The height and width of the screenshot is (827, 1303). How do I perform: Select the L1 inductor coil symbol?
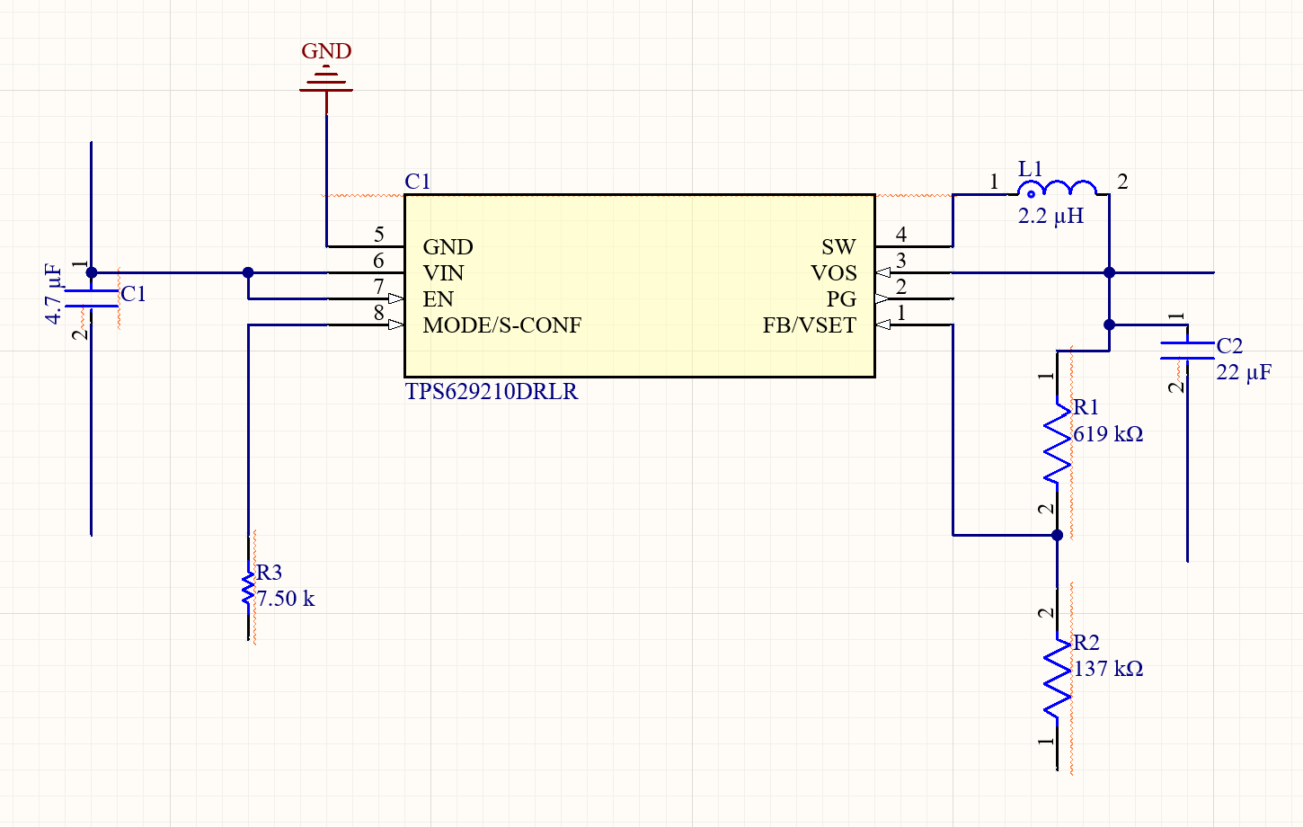[x=1057, y=188]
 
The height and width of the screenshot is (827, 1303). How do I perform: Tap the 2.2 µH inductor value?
[x=1050, y=216]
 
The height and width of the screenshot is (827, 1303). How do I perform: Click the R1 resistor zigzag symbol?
[x=1057, y=440]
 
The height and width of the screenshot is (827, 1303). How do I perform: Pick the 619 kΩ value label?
[x=1108, y=434]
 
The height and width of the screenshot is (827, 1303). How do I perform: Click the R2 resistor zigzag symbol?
[x=1057, y=677]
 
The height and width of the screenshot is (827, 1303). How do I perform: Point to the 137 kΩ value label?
[x=1108, y=669]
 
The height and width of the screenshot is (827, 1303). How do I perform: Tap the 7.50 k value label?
[x=286, y=599]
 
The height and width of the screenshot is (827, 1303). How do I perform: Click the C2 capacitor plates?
[x=1187, y=351]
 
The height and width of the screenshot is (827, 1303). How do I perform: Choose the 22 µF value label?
[x=1244, y=372]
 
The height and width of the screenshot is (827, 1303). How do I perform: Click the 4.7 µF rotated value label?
[x=53, y=294]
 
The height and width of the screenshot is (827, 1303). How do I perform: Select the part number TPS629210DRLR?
[x=492, y=392]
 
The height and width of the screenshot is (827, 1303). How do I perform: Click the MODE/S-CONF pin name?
[x=502, y=325]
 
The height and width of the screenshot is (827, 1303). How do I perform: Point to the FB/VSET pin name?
[x=809, y=325]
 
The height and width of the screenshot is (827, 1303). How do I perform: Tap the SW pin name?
[x=838, y=247]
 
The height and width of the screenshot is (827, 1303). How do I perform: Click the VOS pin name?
[x=834, y=273]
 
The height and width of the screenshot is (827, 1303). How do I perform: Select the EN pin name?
[x=438, y=299]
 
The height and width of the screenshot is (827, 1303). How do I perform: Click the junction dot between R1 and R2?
[x=1058, y=535]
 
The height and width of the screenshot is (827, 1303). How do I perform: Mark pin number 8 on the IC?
[x=378, y=313]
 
